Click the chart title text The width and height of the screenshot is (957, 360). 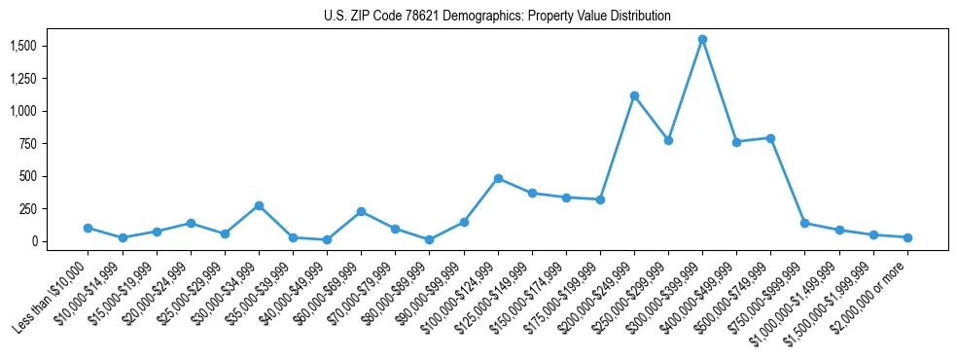(x=497, y=17)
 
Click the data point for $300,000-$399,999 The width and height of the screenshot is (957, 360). (x=702, y=40)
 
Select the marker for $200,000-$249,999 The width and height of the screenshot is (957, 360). (x=634, y=95)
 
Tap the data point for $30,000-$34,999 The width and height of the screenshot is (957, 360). (x=259, y=205)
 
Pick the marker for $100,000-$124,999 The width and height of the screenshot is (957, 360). (x=498, y=178)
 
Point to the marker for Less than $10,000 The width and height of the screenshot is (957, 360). (x=89, y=228)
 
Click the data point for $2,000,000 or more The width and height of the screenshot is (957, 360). (x=907, y=237)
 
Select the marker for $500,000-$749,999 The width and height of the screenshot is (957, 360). (x=770, y=138)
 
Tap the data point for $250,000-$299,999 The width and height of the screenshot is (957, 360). (x=668, y=140)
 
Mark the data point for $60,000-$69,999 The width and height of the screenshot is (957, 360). (x=361, y=211)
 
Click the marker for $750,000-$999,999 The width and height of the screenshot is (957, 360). (x=804, y=223)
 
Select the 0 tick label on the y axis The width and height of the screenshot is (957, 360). (x=34, y=241)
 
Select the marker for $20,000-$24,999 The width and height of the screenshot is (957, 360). (x=191, y=223)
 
